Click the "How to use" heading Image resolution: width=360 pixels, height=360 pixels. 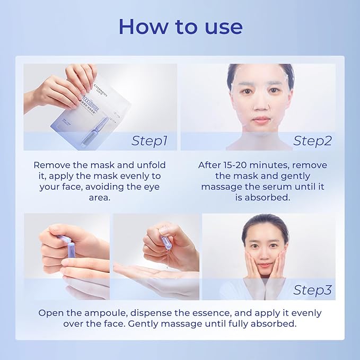point(180,27)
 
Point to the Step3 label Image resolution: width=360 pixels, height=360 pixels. point(312,290)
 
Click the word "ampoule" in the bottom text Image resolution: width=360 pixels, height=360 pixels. point(110,313)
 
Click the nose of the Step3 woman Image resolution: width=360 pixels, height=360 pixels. point(266,254)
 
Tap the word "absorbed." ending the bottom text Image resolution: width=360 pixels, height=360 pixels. point(275,323)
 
